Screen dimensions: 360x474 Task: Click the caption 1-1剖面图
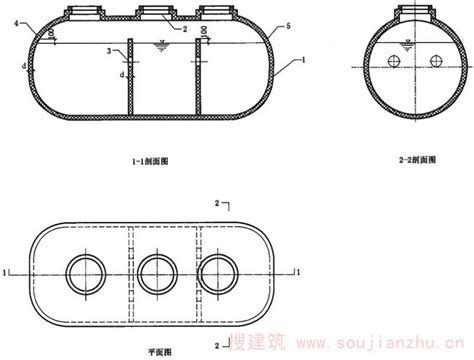click(157, 157)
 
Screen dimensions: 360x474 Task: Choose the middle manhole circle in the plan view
click(157, 270)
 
